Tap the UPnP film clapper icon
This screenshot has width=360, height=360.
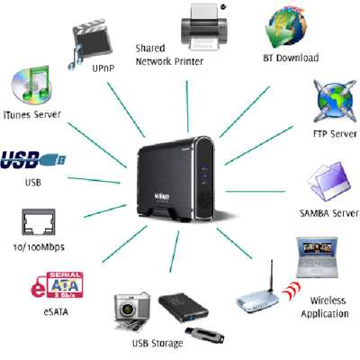93,41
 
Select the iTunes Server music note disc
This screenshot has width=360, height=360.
31,86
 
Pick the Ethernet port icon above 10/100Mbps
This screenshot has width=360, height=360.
39,222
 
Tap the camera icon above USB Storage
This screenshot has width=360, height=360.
131,309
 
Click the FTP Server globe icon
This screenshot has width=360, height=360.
334,103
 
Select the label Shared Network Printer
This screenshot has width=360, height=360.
170,54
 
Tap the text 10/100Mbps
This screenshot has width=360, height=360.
40,247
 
